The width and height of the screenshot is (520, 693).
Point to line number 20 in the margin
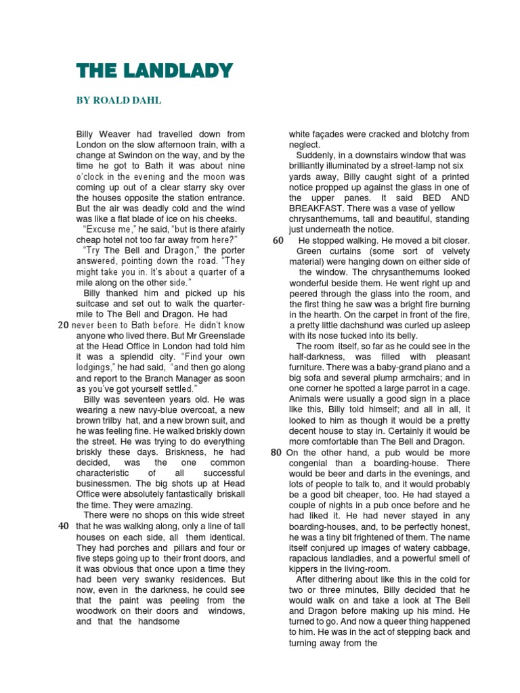(63, 326)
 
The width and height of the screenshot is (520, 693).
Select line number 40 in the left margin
(63, 526)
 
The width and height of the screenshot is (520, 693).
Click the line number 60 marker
(277, 241)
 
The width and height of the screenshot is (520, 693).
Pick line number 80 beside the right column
(276, 452)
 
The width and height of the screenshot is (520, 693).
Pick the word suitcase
(95, 304)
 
